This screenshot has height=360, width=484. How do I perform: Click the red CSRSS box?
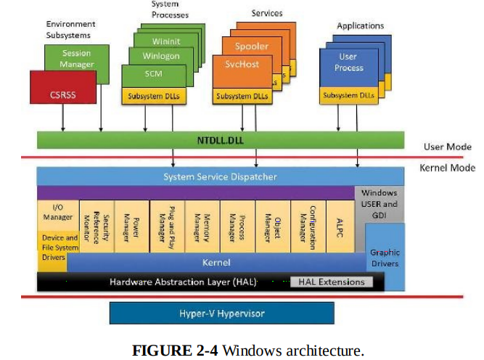tap(63, 87)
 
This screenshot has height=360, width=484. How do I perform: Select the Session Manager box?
tap(77, 58)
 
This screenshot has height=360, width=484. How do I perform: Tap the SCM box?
tap(154, 76)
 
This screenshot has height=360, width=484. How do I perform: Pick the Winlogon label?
tap(161, 56)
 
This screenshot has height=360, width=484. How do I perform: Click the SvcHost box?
tap(242, 72)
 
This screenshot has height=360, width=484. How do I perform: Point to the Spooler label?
tap(252, 46)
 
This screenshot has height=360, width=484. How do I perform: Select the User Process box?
tap(349, 67)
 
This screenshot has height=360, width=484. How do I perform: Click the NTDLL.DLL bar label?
tap(221, 141)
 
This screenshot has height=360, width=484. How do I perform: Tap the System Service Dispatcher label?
tap(220, 176)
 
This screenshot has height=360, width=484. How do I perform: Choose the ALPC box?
tap(340, 226)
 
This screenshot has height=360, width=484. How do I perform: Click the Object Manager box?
tap(273, 226)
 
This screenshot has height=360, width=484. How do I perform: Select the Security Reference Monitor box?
tap(97, 226)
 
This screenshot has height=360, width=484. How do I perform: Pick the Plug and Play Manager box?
tap(168, 226)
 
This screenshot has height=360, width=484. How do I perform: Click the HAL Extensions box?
tap(332, 282)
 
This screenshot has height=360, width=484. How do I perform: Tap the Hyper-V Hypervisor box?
tap(221, 314)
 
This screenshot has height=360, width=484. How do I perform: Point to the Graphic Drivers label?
tap(385, 258)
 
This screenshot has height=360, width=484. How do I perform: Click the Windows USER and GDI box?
tap(380, 204)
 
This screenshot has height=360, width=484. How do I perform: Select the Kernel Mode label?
tap(447, 168)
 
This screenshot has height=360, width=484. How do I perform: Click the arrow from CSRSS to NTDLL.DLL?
tap(63, 118)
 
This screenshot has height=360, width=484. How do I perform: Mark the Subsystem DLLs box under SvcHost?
tap(242, 96)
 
